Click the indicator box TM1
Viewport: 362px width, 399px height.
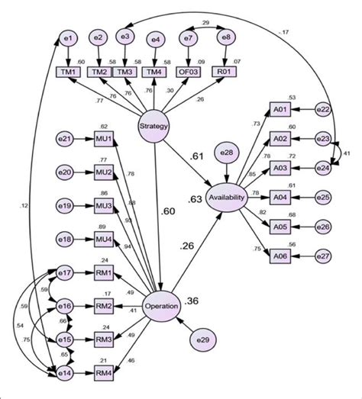click(x=69, y=72)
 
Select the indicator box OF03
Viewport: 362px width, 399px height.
click(x=188, y=72)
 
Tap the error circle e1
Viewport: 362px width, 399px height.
click(x=69, y=36)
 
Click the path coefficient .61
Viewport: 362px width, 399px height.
click(x=196, y=156)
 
